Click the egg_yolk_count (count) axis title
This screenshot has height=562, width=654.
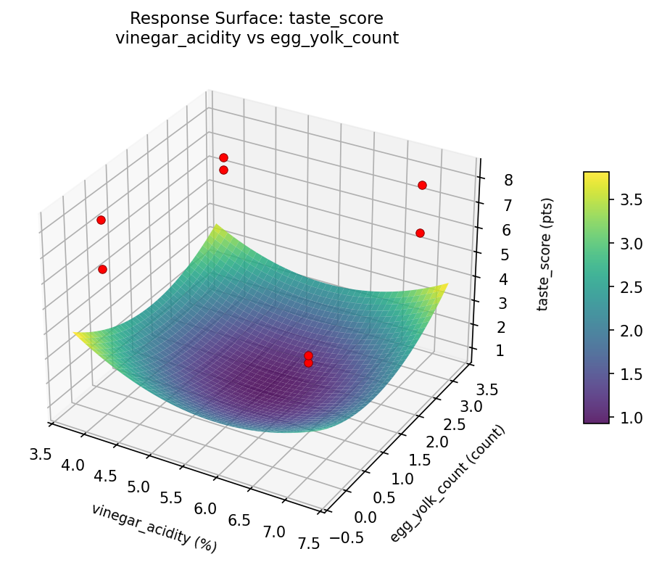click(x=447, y=484)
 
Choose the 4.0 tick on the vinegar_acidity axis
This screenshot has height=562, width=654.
click(x=72, y=464)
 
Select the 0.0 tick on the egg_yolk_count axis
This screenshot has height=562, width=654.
click(x=365, y=516)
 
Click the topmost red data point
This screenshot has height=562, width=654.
click(x=223, y=157)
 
